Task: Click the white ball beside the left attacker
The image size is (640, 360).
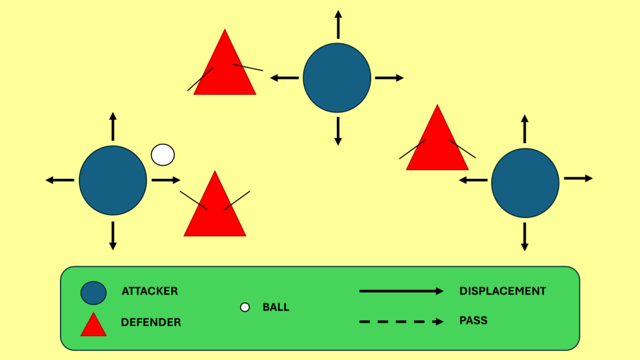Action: point(163,154)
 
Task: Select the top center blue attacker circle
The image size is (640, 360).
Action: point(337,78)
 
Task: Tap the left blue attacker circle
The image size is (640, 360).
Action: point(113,180)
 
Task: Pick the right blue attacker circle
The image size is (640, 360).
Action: point(525,182)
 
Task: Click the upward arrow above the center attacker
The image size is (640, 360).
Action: point(338,25)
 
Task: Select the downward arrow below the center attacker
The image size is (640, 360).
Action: point(338,131)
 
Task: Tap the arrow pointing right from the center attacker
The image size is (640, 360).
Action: point(389,78)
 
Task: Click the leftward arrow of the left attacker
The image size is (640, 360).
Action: point(60,180)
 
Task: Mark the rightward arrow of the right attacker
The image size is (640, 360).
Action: point(578,178)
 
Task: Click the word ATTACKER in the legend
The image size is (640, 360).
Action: point(149,291)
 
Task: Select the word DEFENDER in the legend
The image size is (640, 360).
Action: point(151,322)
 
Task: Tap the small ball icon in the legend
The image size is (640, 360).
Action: point(245,307)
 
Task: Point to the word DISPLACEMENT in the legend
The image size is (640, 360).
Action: point(502,291)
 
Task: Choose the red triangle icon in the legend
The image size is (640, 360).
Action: point(93,325)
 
